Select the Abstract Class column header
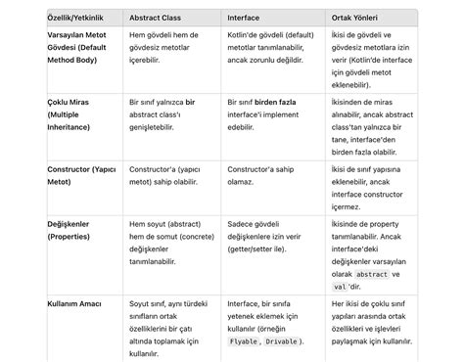click(x=160, y=18)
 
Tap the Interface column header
click(x=244, y=18)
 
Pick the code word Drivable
click(x=283, y=341)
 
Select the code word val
click(x=341, y=287)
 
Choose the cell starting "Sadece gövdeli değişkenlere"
click(x=260, y=237)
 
